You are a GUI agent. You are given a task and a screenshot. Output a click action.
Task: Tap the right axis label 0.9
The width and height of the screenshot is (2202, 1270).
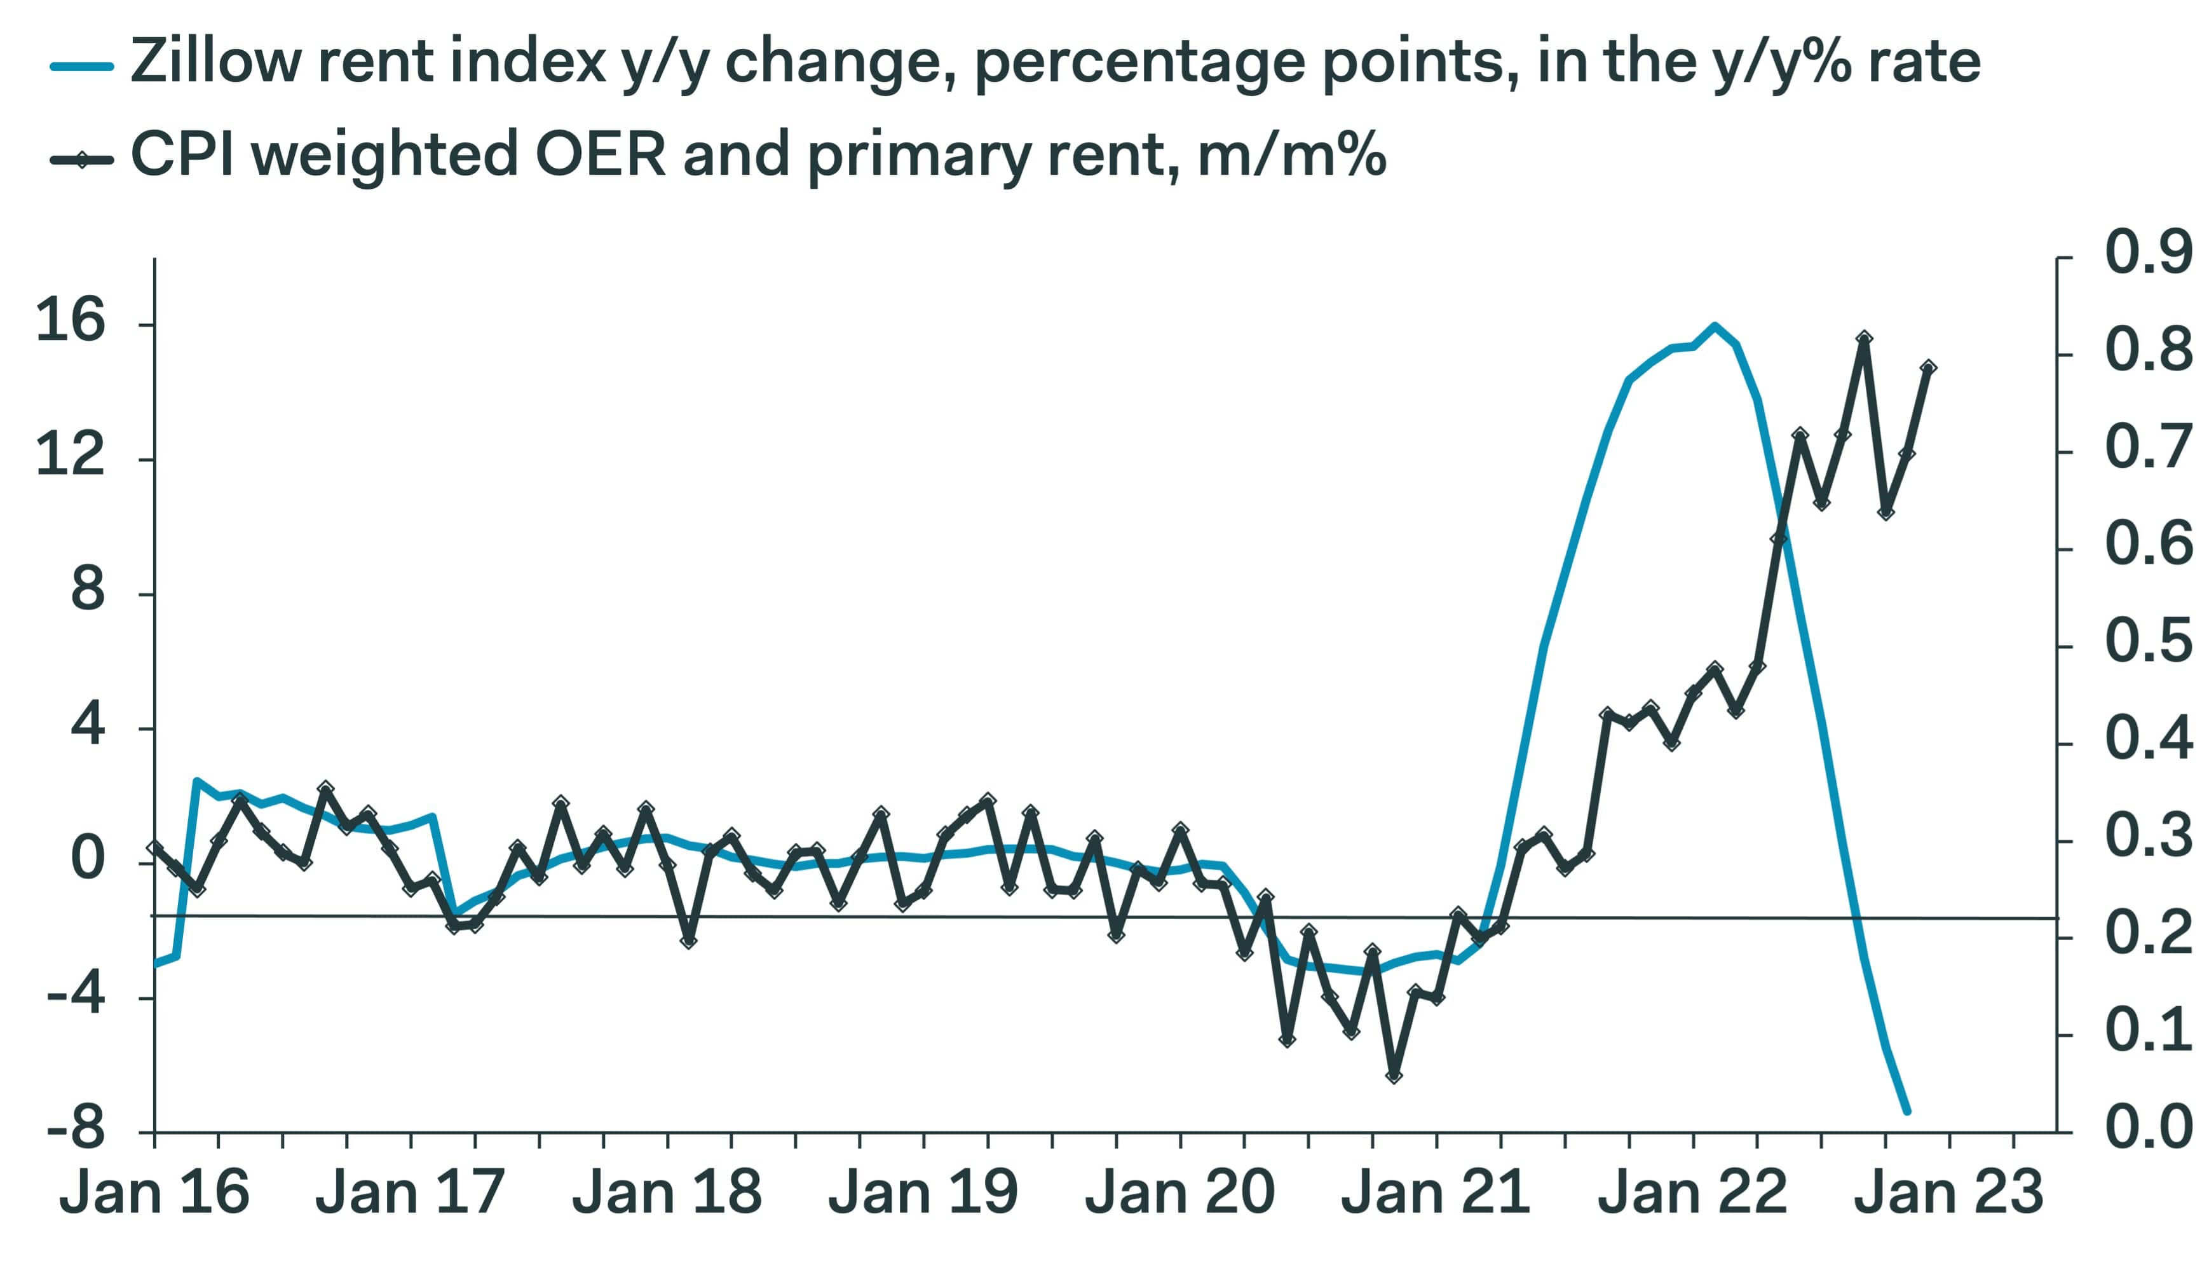pyautogui.click(x=2148, y=253)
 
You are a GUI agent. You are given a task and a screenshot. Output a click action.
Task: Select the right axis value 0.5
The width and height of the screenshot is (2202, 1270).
pyautogui.click(x=2148, y=642)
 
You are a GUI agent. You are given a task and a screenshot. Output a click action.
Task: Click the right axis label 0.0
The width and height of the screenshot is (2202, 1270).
pyautogui.click(x=2148, y=1127)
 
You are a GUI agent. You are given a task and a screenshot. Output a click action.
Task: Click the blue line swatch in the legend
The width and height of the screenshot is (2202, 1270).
pyautogui.click(x=82, y=66)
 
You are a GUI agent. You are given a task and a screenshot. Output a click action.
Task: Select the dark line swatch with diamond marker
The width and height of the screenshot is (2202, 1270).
pyautogui.click(x=82, y=160)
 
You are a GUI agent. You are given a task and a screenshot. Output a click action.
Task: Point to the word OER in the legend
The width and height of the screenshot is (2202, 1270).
pyautogui.click(x=600, y=155)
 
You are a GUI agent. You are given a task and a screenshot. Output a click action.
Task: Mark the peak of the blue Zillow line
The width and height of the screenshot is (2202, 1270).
pyautogui.click(x=1715, y=326)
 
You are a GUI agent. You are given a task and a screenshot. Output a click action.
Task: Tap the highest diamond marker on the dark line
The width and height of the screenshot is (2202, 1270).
pyautogui.click(x=1865, y=338)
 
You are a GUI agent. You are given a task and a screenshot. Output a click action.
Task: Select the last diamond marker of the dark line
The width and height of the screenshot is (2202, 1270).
pyautogui.click(x=1928, y=368)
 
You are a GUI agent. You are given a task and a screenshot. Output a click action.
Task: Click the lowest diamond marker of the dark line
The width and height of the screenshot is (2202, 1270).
pyautogui.click(x=1394, y=1076)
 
